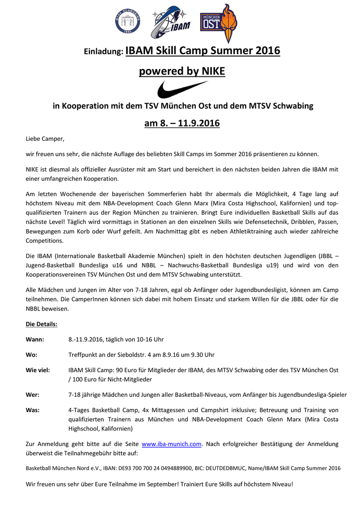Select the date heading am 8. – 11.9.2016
(x=182, y=123)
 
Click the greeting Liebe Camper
(x=45, y=138)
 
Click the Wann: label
(x=35, y=339)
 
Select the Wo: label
(x=31, y=355)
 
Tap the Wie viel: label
(x=38, y=370)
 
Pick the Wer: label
(x=32, y=395)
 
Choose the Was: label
(x=32, y=410)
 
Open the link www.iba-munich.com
(x=171, y=444)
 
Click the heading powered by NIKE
(x=182, y=72)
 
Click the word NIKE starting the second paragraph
(x=34, y=169)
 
